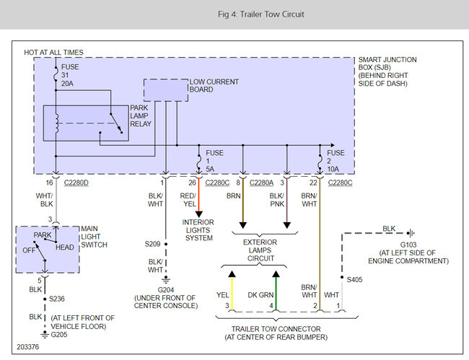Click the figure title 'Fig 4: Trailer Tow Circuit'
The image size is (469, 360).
tap(260, 14)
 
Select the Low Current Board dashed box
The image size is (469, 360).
tap(166, 79)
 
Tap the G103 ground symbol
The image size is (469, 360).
tap(411, 233)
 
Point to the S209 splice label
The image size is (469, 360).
tap(152, 244)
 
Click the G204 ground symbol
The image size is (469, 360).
tap(166, 280)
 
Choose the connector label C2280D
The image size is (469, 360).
tap(76, 183)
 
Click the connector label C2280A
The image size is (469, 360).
tap(261, 183)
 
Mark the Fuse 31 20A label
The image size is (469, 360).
tap(70, 75)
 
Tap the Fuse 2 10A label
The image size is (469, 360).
tap(336, 161)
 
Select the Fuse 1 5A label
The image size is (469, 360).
tap(214, 161)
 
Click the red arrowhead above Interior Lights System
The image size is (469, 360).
tap(199, 214)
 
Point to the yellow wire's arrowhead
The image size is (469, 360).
tap(232, 274)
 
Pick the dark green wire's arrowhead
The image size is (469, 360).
tap(276, 274)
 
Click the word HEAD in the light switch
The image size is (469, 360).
tap(65, 247)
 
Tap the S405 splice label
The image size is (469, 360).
tap(354, 280)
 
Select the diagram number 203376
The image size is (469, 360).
tap(28, 347)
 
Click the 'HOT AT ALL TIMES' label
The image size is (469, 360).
tap(53, 53)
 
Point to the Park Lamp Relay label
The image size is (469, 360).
tap(141, 115)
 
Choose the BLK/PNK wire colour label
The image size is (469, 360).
tap(276, 200)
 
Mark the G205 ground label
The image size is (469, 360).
tap(59, 335)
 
